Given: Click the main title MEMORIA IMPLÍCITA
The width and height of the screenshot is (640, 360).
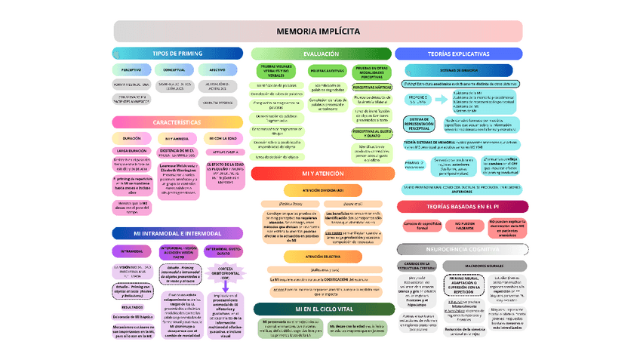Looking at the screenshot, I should click(x=318, y=31).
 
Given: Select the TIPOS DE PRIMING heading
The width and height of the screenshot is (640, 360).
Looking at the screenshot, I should click(x=177, y=54).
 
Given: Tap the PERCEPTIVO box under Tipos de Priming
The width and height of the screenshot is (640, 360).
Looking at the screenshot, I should click(x=131, y=70).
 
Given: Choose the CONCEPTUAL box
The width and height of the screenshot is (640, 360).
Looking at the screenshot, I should click(x=174, y=70).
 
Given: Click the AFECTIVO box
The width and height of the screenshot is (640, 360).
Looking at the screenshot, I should click(x=217, y=70).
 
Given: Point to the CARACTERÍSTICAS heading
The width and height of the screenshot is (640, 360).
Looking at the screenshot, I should click(x=177, y=122).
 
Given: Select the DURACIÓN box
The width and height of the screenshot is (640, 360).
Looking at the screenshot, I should click(x=131, y=139).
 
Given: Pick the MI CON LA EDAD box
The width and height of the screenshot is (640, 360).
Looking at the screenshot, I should click(x=223, y=139).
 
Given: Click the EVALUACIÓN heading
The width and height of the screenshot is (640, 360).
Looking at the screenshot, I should click(x=322, y=54).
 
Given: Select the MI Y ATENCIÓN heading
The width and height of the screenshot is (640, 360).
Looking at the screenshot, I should click(x=322, y=174).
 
